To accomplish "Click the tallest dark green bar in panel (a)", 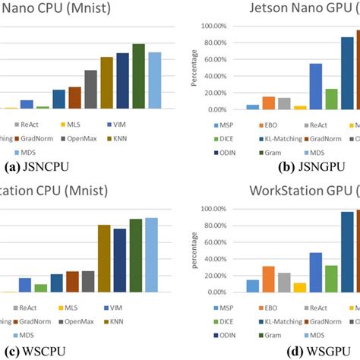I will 138,76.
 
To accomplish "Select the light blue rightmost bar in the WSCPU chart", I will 152,255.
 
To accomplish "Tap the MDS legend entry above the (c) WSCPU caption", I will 17,333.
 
